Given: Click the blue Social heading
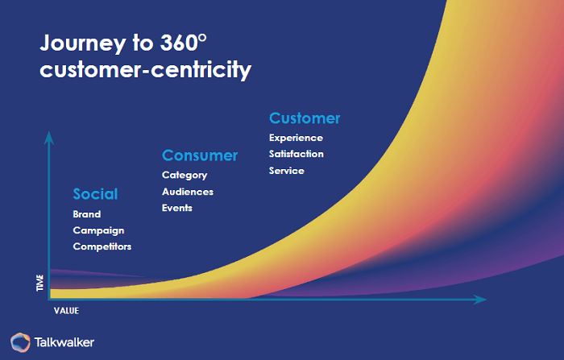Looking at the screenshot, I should [x=95, y=194].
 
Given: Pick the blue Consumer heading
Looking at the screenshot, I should [x=200, y=155].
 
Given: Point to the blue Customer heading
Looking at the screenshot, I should [x=305, y=118].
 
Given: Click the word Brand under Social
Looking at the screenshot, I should [x=87, y=214].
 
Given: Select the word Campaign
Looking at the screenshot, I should [x=97, y=230].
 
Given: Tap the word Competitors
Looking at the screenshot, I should [x=102, y=246].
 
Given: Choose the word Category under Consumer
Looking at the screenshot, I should [x=185, y=175].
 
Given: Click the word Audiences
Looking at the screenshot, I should [x=188, y=192].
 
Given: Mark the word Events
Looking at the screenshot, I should [x=177, y=208].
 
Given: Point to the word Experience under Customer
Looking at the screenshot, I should [x=296, y=138].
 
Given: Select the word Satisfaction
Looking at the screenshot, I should [x=297, y=154].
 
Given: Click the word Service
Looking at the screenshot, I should [x=287, y=170].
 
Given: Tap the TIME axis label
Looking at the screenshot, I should [x=40, y=282].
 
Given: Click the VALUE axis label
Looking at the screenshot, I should [x=66, y=309].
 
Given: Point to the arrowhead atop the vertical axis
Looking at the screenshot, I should [x=49, y=136].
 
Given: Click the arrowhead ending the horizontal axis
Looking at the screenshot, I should [x=481, y=300].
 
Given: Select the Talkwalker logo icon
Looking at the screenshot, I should [x=20, y=341].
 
